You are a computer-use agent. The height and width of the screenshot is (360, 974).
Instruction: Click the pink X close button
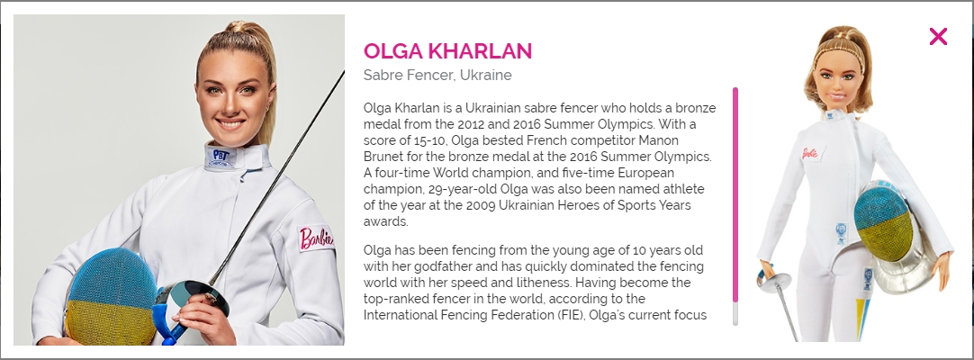tap(938, 37)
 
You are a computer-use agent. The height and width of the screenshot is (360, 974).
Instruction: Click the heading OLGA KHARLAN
tap(448, 51)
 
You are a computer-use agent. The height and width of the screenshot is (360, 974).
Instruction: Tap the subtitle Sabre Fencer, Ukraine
tap(437, 76)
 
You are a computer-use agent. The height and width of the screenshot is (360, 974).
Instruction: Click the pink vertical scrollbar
tap(735, 195)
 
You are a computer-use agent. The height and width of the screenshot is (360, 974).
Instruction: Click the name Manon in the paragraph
tap(661, 139)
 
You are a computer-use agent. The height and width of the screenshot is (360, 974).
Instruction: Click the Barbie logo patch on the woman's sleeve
tap(316, 238)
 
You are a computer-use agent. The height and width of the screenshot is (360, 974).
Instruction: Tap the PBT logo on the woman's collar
tap(221, 156)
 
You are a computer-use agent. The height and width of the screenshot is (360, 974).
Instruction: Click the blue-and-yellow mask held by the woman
tap(111, 297)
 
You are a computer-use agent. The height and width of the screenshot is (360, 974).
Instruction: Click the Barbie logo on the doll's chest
tap(810, 153)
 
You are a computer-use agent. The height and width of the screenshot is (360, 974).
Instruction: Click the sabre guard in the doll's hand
tap(773, 283)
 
